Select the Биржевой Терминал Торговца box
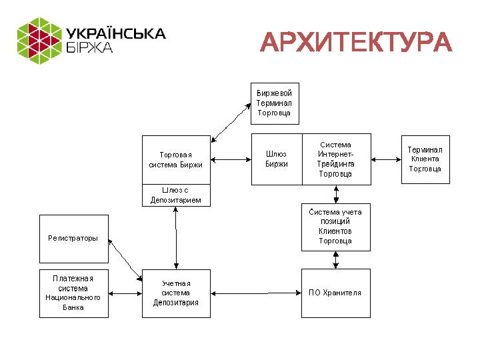(x=274, y=103)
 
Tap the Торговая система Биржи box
(x=176, y=159)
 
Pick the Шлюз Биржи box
(x=276, y=159)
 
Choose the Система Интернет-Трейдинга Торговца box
(x=336, y=159)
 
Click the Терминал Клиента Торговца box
(x=425, y=159)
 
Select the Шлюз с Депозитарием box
(x=176, y=195)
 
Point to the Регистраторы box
(x=73, y=238)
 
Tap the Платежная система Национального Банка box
(x=73, y=293)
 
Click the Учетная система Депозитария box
(x=176, y=293)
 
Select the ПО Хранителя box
(x=335, y=293)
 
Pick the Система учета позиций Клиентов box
(x=335, y=227)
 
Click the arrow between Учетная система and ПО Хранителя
(x=256, y=293)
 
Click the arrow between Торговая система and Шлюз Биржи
(x=230, y=159)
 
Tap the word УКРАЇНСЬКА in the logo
(x=115, y=33)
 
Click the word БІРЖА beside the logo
(x=89, y=48)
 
